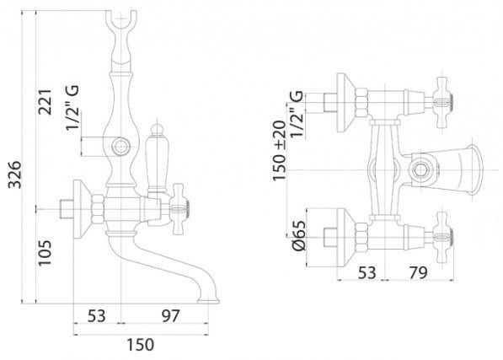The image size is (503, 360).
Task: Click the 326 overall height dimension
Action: [x=15, y=175]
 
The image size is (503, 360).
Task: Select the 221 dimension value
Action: [x=45, y=102]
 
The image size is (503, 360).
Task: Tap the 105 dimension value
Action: [x=45, y=253]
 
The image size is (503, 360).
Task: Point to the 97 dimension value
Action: [x=170, y=315]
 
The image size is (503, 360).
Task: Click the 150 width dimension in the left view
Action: [x=140, y=345]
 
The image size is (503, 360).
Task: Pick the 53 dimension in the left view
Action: [x=97, y=315]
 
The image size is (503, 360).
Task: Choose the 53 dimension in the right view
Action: [x=367, y=272]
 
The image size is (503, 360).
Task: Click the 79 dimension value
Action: [x=418, y=272]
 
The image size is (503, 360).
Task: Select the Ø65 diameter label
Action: [x=298, y=236]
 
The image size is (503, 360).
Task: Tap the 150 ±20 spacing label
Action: [x=279, y=150]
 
